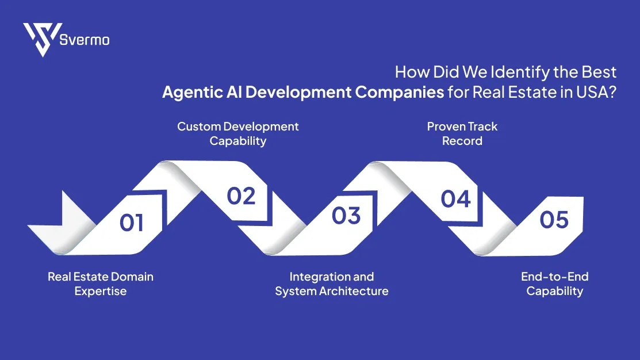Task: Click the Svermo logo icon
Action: [42, 40]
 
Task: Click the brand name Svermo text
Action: [85, 40]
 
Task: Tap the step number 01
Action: [132, 223]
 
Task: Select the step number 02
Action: [241, 196]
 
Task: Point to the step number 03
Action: [346, 216]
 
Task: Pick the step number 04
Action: [456, 199]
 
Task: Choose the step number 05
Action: [554, 220]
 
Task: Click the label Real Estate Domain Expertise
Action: [101, 284]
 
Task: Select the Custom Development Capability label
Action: [238, 133]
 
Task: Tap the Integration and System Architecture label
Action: [332, 284]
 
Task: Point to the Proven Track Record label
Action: [462, 133]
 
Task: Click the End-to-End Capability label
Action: [555, 284]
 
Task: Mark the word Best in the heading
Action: [599, 72]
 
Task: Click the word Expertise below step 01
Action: [101, 291]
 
